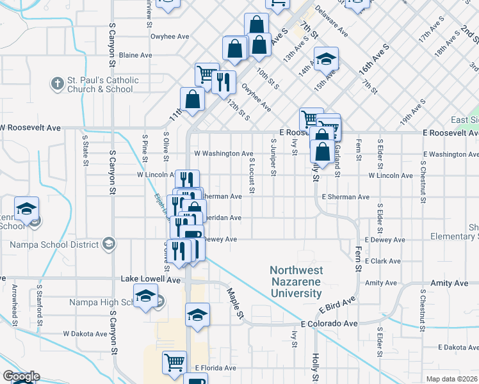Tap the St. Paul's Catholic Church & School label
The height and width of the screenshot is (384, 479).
(x=102, y=84)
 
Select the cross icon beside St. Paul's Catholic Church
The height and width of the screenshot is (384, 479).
(x=57, y=83)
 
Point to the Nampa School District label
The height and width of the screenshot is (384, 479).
(x=54, y=244)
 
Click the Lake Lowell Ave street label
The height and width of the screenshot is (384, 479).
(x=151, y=280)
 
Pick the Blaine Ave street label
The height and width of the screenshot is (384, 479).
(x=135, y=55)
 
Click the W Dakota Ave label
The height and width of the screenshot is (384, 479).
(x=85, y=334)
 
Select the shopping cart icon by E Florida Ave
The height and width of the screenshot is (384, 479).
(x=174, y=362)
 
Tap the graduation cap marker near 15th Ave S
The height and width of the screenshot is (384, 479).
(x=326, y=60)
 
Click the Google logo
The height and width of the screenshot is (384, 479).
(x=20, y=377)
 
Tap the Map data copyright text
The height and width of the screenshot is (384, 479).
(x=452, y=379)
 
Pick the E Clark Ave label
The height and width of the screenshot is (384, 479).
(x=382, y=261)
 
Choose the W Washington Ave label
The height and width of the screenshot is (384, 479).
(x=223, y=154)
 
